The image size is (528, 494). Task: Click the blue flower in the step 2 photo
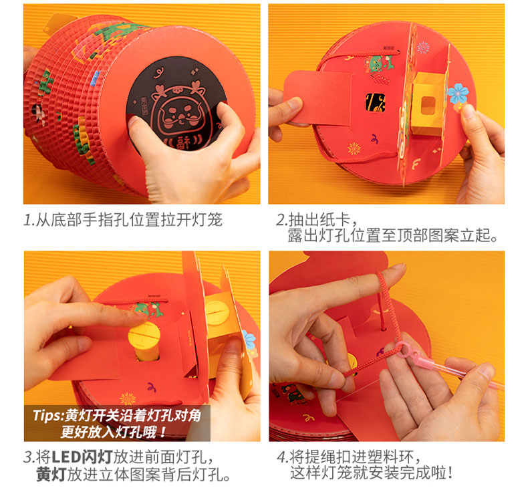(458, 93)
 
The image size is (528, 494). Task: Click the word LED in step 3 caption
(65, 457)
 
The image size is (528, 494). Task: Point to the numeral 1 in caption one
(28, 220)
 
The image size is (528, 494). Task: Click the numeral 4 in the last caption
(282, 457)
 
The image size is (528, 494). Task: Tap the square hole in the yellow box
(428, 105)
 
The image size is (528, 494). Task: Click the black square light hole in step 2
(376, 103)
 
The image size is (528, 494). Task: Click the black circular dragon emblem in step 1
(176, 104)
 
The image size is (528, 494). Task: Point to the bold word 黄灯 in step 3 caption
(51, 475)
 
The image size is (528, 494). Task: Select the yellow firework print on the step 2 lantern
(354, 148)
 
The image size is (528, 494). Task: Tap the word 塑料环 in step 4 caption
(391, 457)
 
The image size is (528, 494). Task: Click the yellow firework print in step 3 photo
(128, 398)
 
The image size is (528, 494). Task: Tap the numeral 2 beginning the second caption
(281, 220)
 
